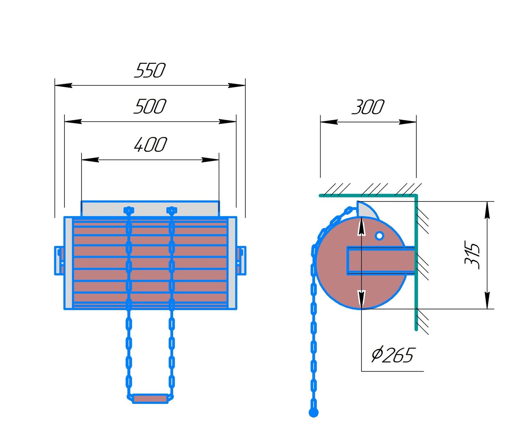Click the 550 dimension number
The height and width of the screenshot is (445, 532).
150,70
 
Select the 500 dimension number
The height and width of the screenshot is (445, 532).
150,106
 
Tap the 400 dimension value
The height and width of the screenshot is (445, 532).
150,145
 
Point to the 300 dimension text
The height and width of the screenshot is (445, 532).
368,107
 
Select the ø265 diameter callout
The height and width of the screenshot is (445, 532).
393,355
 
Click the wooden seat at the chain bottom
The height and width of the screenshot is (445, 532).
150,398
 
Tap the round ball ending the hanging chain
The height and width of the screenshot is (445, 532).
314,413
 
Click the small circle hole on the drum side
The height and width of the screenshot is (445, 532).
379,236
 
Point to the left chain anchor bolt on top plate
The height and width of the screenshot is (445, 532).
129,210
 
